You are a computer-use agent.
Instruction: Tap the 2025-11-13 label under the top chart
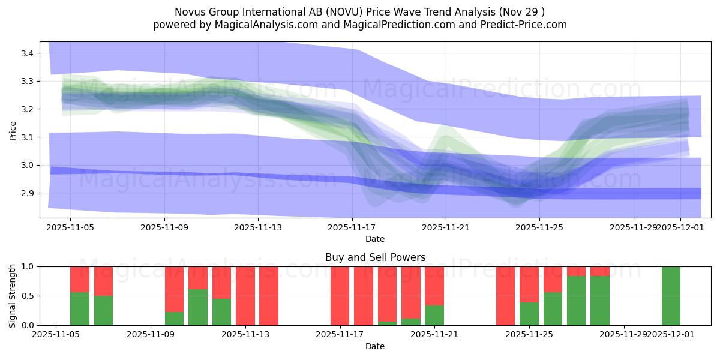pos(257,228)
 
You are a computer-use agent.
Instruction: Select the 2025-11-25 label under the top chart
pos(539,228)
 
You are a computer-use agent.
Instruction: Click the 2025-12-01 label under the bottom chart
pos(671,335)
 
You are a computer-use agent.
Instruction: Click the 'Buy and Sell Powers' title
pos(375,257)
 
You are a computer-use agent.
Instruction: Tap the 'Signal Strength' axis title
pos(13,296)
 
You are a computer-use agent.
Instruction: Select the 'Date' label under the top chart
pos(375,239)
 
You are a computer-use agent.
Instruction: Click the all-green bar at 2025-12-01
pos(671,296)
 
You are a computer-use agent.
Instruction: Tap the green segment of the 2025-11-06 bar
pos(80,309)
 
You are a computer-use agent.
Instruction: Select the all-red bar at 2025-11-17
pos(340,296)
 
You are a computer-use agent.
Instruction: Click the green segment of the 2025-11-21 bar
pos(434,316)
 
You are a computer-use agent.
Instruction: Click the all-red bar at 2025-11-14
pos(269,296)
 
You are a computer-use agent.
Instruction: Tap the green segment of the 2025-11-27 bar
pos(600,301)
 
